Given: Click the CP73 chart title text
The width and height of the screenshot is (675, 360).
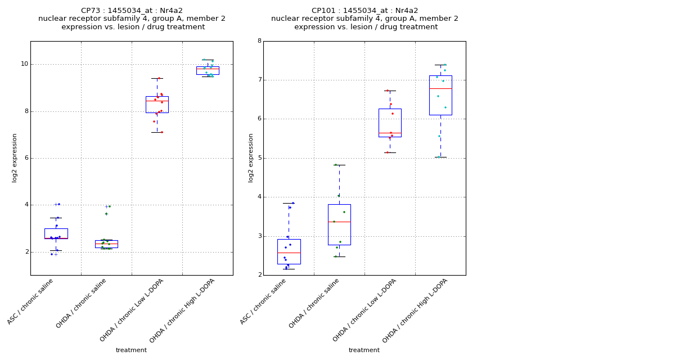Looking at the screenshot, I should pos(132,19).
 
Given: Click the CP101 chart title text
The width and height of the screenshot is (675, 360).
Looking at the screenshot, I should pos(364,19).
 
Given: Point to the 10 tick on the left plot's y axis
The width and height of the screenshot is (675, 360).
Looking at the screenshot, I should pos(24,64).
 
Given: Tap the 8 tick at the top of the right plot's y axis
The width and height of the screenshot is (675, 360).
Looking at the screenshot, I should pos(259,41).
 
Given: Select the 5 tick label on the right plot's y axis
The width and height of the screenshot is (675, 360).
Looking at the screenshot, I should pos(259,158).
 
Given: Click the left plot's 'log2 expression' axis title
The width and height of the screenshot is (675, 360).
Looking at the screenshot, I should pos(15,157).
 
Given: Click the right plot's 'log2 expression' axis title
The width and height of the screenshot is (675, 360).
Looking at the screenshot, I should pos(251,157).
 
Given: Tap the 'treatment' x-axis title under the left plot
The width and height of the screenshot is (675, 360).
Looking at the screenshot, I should pos(131,350).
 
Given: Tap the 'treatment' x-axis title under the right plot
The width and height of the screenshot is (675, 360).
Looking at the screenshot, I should pos(364,350).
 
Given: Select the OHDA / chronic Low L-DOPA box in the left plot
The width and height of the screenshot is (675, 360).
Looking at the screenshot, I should pos(157,105).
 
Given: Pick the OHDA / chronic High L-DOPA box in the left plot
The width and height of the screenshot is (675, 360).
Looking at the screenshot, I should pos(208,70).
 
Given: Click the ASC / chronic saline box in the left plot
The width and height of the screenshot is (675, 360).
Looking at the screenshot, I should pos(56,233).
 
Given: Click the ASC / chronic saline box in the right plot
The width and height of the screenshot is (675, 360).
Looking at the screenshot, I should pos(289,251).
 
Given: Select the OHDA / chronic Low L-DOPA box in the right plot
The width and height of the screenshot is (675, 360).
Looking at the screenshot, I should pos(390,123).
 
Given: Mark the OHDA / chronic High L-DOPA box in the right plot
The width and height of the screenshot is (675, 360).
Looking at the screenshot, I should pos(440,95).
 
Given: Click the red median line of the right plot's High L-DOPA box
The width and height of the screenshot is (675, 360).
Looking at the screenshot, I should pos(440,88).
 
